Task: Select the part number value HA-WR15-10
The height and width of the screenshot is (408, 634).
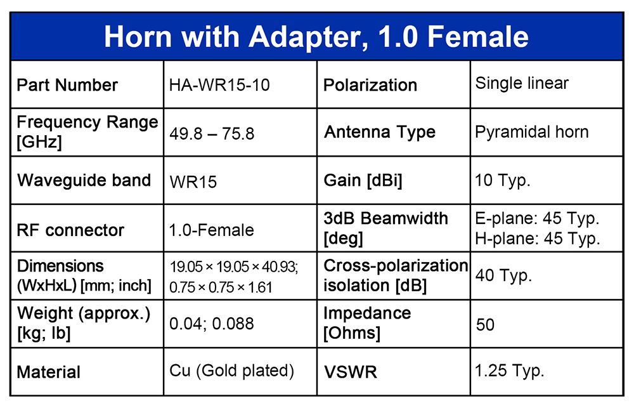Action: [x=219, y=85]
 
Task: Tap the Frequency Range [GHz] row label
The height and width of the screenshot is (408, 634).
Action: [x=87, y=132]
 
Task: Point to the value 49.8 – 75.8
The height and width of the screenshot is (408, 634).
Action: [x=212, y=134]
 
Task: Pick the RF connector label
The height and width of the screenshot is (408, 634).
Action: [x=70, y=230]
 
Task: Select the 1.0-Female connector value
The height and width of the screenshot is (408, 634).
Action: [x=212, y=230]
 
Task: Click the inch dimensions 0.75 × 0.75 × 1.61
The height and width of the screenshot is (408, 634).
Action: [x=221, y=287]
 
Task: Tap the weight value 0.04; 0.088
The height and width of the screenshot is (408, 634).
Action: [x=212, y=324]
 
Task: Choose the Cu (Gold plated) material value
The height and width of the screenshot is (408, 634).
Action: [x=231, y=371]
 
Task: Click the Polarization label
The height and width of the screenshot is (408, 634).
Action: [x=370, y=85]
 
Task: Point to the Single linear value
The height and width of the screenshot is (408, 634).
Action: [x=522, y=83]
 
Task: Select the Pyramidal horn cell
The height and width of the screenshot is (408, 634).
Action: [x=532, y=133]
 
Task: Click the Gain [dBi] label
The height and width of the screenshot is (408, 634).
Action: [x=363, y=181]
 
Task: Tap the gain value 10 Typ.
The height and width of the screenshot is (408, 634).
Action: [x=503, y=181]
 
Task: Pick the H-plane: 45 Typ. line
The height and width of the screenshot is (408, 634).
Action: [x=538, y=239]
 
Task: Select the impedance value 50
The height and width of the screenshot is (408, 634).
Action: [x=485, y=325]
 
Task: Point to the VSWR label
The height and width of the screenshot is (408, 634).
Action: [x=351, y=372]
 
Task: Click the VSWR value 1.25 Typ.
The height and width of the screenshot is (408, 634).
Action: [x=510, y=371]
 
